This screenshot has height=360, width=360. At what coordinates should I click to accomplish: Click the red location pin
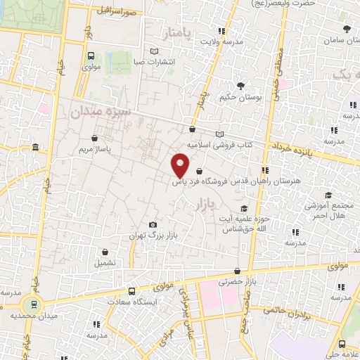pos(181,165)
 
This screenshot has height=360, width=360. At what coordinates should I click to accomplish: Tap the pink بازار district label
pos(201,203)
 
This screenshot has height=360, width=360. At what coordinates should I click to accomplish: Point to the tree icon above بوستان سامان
pos(346,29)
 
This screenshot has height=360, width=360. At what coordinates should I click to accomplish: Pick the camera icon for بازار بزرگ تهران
pos(153,225)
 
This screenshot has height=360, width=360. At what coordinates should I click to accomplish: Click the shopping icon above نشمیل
pos(105,251)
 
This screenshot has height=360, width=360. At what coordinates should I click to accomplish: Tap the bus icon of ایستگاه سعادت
pos(132,290)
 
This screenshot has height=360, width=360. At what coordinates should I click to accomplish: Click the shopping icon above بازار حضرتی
pos(238,271)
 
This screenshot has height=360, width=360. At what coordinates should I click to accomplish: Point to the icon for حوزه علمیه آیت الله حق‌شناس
pos(244,208)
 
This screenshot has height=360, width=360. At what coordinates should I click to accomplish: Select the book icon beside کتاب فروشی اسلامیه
pos(219,134)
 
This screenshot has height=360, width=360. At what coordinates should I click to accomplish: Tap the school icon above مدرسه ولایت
pos(221,31)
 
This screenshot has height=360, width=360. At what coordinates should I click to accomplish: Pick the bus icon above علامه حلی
pos(342,344)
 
